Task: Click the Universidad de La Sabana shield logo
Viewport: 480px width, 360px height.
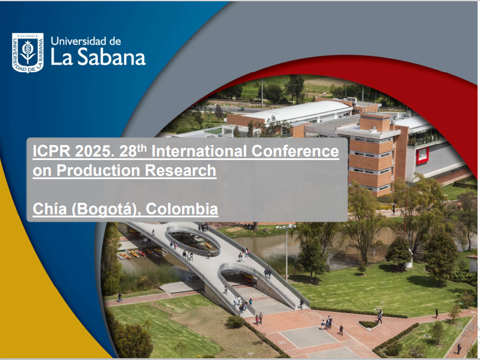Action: click(28, 53)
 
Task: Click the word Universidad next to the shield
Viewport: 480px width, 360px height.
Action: click(79, 41)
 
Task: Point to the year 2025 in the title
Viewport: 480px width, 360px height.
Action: click(93, 151)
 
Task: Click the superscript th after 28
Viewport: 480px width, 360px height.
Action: click(142, 148)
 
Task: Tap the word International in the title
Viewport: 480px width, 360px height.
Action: click(199, 151)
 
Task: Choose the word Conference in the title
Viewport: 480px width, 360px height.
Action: click(295, 151)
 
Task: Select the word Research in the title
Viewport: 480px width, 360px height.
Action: click(180, 170)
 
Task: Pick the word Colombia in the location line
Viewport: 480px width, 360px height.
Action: click(182, 209)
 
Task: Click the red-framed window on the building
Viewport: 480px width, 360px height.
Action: click(422, 155)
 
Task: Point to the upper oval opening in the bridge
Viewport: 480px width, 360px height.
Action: click(193, 240)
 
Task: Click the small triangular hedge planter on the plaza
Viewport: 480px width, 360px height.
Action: click(369, 324)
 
